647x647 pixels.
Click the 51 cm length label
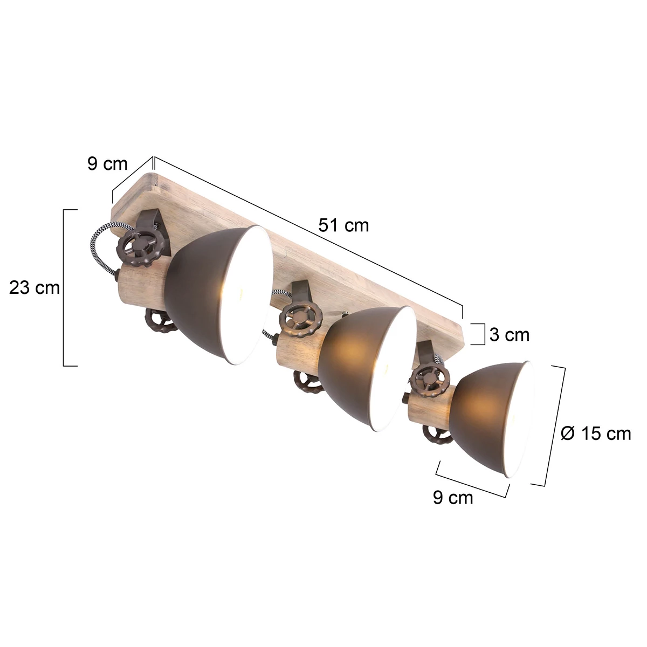coord(343,224)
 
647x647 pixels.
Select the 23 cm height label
coord(35,288)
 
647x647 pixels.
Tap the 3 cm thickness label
coord(509,335)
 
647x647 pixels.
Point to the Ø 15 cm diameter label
coord(595,433)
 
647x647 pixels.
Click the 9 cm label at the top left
coord(107,164)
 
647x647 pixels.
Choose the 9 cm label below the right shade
coord(452,497)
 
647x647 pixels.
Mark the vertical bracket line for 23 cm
coord(64,287)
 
